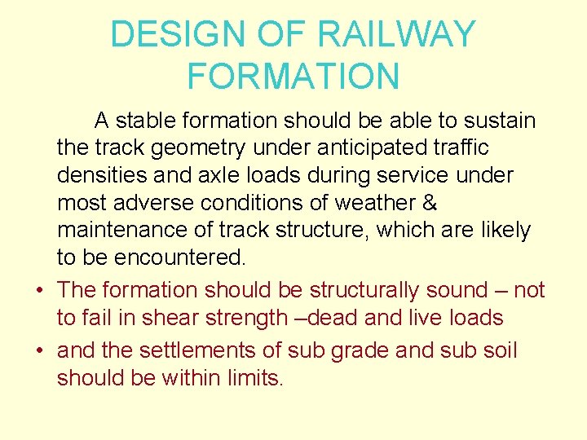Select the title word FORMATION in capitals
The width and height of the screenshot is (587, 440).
[x=293, y=77]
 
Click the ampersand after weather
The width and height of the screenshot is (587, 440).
[x=430, y=203]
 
